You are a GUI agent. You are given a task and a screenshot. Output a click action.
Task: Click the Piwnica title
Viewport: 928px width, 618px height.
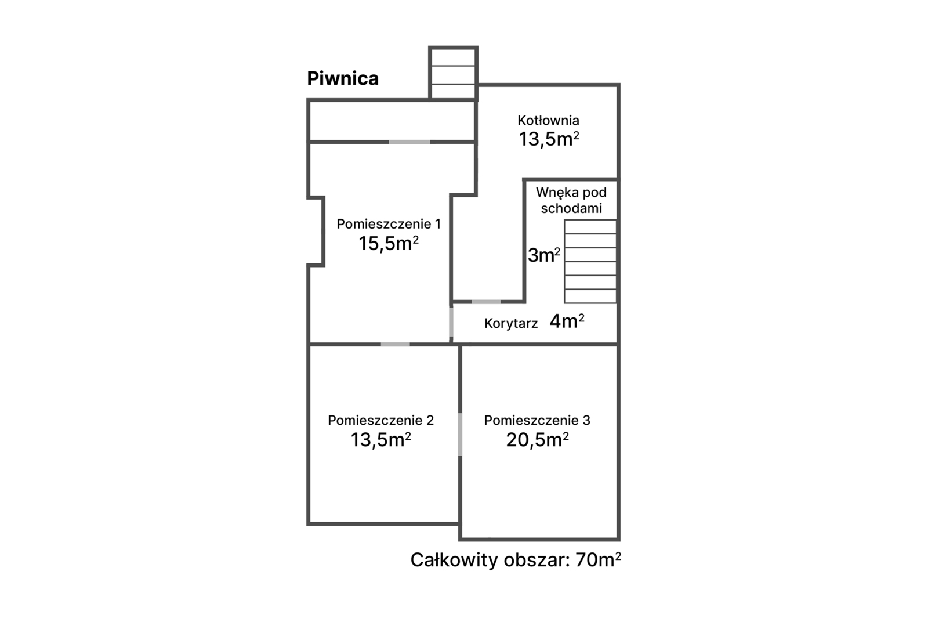pos(343,78)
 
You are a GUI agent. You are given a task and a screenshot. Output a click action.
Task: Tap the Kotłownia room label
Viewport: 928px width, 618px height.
pos(548,121)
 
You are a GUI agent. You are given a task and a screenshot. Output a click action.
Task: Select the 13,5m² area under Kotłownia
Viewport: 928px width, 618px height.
pos(549,139)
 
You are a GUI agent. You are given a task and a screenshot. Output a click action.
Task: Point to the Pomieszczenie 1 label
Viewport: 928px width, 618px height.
pos(389,224)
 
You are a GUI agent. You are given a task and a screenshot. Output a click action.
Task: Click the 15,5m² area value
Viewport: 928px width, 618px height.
pos(389,243)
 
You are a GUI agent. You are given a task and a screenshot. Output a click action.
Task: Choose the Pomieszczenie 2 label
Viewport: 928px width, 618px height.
pos(380,420)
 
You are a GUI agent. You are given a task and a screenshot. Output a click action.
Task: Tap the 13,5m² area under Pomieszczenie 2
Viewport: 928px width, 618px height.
pos(380,440)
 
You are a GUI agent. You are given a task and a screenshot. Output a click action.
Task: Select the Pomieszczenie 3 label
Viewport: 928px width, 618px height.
pos(537,420)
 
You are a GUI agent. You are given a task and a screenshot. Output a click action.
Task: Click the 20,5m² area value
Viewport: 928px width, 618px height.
pos(537,440)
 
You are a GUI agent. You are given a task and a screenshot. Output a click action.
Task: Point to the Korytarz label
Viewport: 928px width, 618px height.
pos(511,323)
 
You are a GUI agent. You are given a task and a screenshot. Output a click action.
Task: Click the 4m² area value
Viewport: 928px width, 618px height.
pos(567,321)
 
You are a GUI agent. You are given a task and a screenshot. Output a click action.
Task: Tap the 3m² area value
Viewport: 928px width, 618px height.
pos(544,255)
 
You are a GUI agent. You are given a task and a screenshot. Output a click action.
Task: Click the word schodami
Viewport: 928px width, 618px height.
pos(571,208)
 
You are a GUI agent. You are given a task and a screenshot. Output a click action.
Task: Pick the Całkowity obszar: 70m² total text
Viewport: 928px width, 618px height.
pos(516,560)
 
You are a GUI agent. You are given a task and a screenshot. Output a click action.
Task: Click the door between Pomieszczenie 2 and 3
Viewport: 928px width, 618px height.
pos(460,435)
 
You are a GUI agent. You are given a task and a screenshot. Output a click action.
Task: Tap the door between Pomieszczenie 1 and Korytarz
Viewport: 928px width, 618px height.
pos(451,322)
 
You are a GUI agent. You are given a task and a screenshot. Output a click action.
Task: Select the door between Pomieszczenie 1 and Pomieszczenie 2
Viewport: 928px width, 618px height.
pos(395,345)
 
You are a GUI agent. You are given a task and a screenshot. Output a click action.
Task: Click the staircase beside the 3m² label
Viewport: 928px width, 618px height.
pos(590,262)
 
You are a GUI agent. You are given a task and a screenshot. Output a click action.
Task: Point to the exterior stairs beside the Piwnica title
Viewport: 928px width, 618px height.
pos(453,73)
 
